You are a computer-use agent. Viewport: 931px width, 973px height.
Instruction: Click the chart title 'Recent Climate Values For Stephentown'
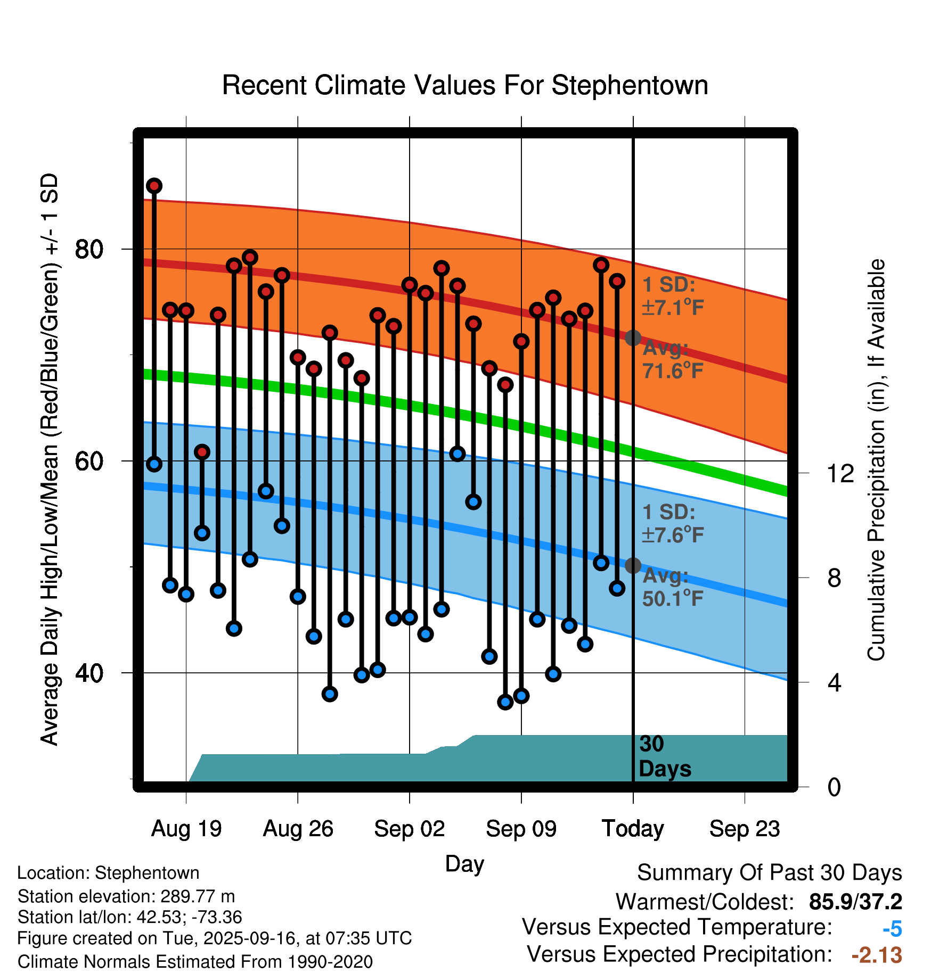[465, 86]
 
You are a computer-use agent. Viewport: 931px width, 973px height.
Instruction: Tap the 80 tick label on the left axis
[89, 249]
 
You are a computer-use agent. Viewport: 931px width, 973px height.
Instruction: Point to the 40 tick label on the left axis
[89, 673]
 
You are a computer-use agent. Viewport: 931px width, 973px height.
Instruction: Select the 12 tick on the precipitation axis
[840, 473]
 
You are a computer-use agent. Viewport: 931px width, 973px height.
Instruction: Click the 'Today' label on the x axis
[633, 829]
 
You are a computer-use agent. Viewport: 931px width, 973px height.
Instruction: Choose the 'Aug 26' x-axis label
[298, 829]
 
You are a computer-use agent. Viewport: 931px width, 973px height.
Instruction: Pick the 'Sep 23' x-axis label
[745, 829]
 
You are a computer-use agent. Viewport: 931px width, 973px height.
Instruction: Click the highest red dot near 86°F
[154, 186]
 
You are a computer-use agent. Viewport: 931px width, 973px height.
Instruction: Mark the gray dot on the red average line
[633, 337]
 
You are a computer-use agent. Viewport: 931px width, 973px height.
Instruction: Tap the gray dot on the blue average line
[633, 565]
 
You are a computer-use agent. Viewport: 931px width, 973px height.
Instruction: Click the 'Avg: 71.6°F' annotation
[673, 360]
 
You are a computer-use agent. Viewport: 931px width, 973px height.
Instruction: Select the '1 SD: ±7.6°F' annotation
[673, 524]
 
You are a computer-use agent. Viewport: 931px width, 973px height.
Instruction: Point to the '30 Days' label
[664, 756]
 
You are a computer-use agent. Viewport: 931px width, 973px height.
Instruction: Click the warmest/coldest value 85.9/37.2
[855, 902]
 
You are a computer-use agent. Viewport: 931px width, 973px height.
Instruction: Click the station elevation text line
[126, 896]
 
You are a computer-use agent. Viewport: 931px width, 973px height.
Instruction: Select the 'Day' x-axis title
[464, 863]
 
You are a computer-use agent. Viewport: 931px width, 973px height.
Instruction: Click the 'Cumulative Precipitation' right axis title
[876, 460]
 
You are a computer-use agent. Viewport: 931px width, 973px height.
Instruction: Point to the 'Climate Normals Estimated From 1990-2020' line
[195, 962]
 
